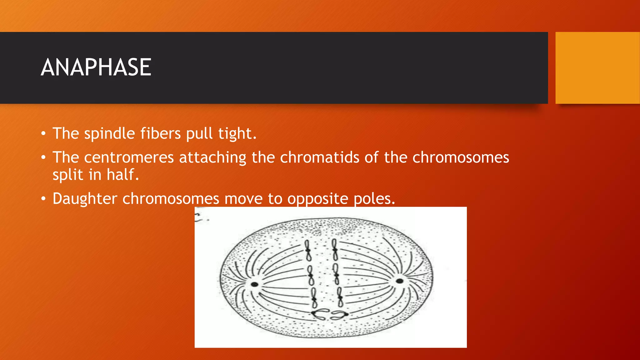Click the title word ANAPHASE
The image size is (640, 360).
96,67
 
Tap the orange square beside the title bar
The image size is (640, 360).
597,68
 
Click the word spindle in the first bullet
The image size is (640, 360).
109,133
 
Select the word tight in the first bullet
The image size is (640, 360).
237,133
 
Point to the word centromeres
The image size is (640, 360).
129,157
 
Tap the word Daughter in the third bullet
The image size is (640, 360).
85,199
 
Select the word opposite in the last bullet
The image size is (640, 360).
317,199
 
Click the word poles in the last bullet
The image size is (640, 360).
374,199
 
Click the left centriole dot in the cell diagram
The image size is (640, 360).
255,284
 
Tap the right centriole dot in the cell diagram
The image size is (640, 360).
399,281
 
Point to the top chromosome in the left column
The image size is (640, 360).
308,250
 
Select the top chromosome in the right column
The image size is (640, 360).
335,250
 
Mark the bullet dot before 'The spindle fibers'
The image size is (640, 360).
43,134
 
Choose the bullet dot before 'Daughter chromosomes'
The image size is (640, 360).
43,199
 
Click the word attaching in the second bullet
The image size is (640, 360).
212,157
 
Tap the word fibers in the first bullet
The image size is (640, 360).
160,133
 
